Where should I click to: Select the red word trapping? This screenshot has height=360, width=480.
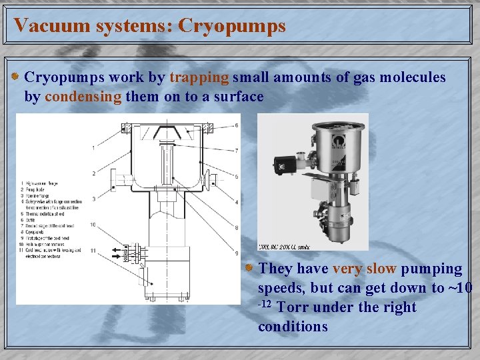[x=199, y=77]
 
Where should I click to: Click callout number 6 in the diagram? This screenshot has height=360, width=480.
[x=236, y=125]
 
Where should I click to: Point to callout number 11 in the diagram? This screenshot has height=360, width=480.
[x=93, y=251]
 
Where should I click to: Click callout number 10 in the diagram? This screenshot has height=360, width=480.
[x=93, y=225]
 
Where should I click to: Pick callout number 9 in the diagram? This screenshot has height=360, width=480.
[x=236, y=253]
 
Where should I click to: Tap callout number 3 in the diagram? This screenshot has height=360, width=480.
[x=93, y=199]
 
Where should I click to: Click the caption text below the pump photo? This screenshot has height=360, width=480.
[x=283, y=246]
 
